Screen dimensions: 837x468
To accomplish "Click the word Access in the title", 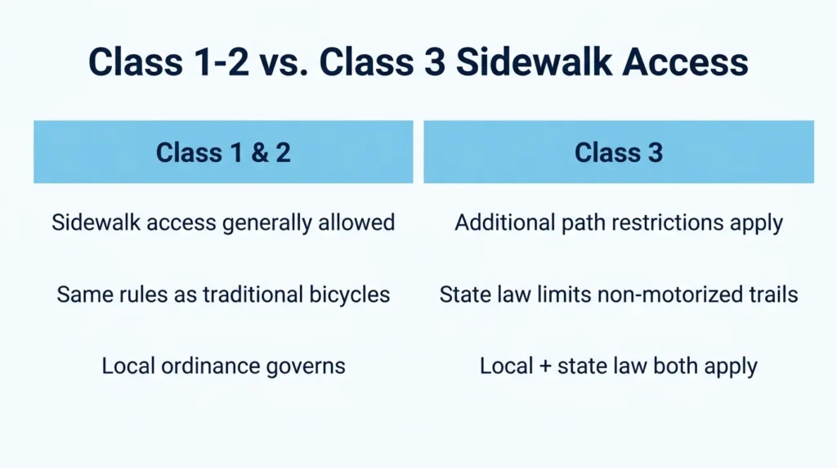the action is (685, 61).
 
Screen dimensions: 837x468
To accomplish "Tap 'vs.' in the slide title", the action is (284, 61).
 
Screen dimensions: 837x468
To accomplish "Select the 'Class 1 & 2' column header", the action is (223, 151).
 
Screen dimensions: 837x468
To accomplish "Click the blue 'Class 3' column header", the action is (619, 151).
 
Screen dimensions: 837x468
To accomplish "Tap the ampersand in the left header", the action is (259, 153).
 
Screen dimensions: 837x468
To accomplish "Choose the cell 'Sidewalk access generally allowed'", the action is (223, 223).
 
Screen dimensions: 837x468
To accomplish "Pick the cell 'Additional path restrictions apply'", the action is (619, 223).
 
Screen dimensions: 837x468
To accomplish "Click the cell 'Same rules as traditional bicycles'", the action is (223, 295).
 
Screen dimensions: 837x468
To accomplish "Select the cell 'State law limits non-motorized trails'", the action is (619, 295).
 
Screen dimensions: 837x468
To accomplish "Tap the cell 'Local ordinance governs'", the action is (223, 367).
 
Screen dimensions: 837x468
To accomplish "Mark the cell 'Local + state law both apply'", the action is (619, 367).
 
